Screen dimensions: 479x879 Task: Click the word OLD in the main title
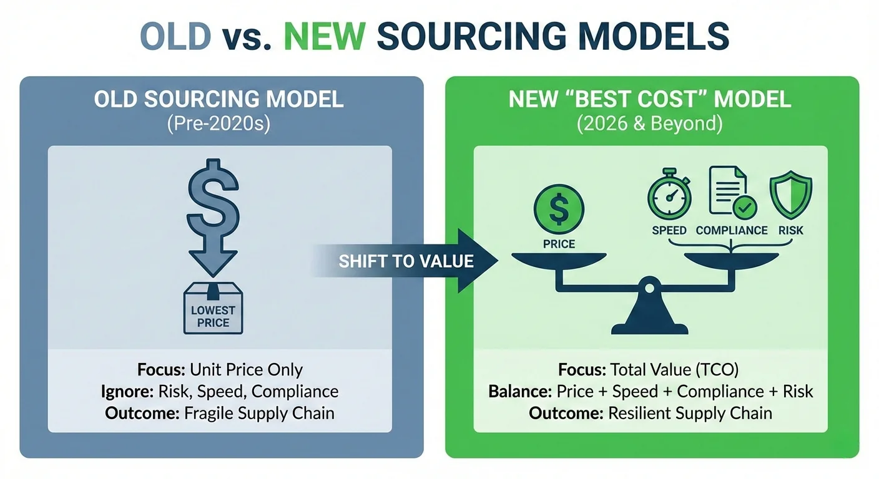tap(175, 36)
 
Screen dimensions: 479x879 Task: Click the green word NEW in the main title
tap(324, 36)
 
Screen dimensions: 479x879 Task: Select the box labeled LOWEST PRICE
tap(213, 309)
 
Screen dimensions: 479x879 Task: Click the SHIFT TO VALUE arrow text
tap(406, 261)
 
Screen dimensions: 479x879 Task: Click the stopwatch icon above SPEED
tap(669, 195)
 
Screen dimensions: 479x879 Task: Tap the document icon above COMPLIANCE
tap(729, 191)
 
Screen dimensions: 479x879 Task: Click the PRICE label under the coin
tap(559, 244)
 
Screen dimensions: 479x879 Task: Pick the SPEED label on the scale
tap(669, 230)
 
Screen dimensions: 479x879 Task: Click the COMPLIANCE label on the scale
tap(732, 230)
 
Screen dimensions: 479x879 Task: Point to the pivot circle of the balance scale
tap(650, 289)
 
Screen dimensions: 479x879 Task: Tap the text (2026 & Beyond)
tap(650, 123)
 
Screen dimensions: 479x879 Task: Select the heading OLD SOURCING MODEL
tap(219, 99)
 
